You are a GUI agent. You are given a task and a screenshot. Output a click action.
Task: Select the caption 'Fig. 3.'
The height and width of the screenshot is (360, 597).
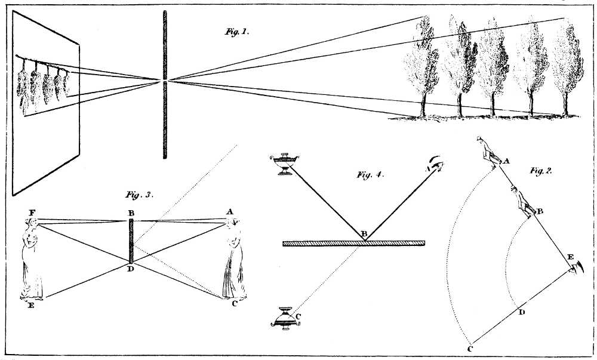[140, 194]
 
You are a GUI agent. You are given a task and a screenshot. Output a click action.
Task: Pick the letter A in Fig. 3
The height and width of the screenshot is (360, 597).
[229, 212]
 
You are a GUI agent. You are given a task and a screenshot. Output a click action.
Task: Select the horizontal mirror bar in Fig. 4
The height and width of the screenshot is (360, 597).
[353, 243]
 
